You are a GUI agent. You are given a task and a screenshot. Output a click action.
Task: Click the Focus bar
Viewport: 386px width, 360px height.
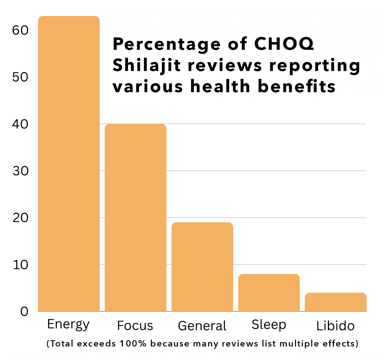(135, 217)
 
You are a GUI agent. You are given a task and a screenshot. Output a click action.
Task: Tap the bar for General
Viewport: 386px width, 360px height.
(202, 267)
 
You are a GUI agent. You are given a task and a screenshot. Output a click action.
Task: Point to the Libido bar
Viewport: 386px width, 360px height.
(336, 302)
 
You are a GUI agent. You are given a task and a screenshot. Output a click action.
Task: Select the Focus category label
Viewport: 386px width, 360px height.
(135, 326)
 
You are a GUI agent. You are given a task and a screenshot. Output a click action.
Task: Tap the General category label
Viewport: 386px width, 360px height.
(202, 326)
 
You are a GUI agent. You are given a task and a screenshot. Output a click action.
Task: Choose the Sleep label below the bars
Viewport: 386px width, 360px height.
(269, 325)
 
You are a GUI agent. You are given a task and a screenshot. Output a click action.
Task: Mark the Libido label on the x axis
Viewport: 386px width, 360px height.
(335, 326)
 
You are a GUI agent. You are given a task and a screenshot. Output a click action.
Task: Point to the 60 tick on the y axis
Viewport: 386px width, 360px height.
(20, 30)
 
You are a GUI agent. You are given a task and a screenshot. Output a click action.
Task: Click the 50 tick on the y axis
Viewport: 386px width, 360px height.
(20, 77)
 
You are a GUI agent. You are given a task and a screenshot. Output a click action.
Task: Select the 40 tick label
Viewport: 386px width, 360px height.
(20, 124)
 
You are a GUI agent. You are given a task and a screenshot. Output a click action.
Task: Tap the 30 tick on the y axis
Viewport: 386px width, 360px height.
(20, 171)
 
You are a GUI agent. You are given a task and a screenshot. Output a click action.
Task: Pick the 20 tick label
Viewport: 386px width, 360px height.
(20, 218)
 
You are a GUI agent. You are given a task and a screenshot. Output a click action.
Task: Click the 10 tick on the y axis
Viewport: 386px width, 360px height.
(20, 265)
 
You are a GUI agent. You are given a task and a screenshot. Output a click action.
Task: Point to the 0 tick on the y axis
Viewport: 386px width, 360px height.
(24, 312)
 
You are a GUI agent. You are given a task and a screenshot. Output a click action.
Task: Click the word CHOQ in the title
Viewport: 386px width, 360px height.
(284, 44)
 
